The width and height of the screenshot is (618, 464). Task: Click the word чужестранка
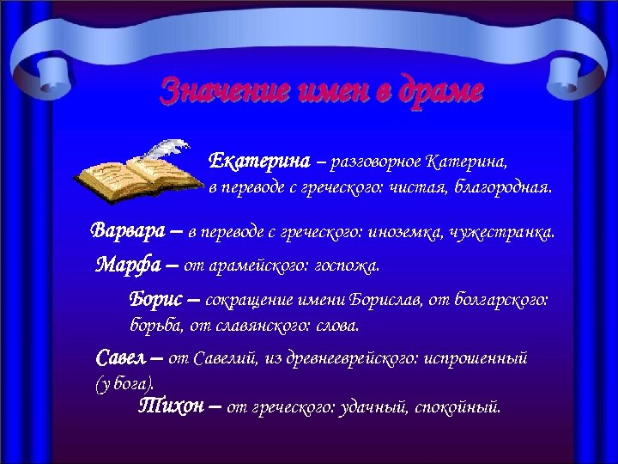coord(506,232)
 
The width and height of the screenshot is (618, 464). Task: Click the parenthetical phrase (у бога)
coord(124,384)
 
